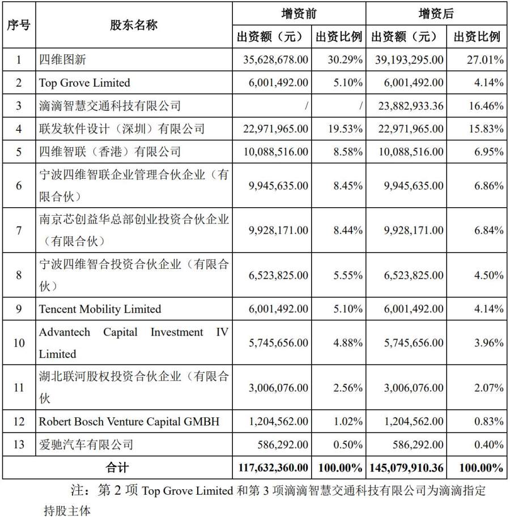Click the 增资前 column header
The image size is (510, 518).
coord(299,14)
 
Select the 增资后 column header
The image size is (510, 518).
coord(436,14)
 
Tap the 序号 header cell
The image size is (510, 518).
coord(19,25)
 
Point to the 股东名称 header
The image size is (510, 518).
coord(134,25)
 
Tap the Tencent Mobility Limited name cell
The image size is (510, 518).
coord(100,309)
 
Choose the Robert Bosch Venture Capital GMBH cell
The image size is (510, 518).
coord(129,422)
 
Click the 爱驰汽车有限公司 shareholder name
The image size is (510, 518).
coord(86,444)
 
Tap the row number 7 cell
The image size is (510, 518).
coord(19,230)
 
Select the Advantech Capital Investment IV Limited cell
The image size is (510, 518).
coord(134,343)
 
